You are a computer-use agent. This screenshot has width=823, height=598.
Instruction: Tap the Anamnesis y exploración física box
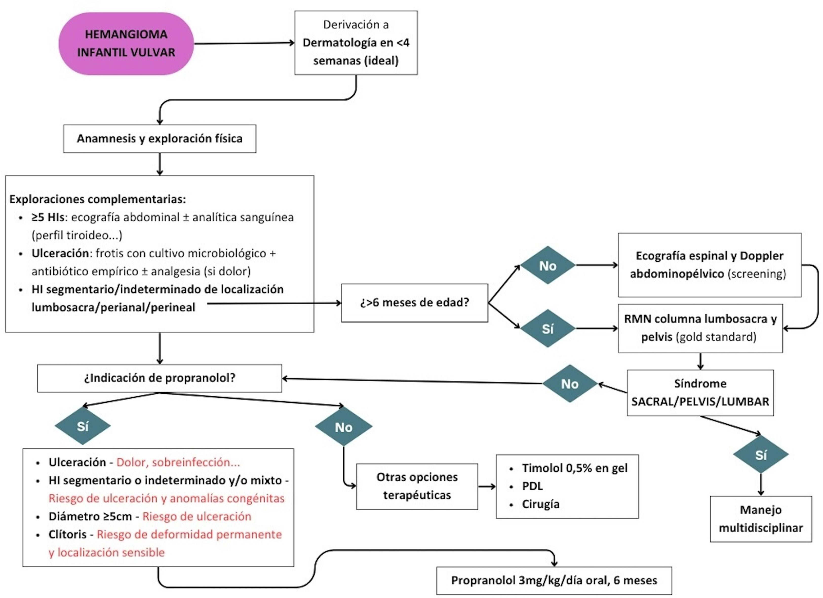click(160, 139)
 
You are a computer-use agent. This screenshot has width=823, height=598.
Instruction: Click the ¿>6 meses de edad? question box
click(414, 303)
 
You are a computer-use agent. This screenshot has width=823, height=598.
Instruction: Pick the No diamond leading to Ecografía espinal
click(547, 265)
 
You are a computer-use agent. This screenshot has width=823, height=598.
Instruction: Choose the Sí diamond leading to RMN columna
click(547, 329)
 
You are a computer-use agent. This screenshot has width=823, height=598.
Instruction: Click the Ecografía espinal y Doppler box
click(709, 265)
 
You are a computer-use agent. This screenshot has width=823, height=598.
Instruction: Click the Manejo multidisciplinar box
click(761, 519)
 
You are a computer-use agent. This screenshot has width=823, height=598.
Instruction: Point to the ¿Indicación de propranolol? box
click(160, 378)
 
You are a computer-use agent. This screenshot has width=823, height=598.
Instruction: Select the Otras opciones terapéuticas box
click(417, 486)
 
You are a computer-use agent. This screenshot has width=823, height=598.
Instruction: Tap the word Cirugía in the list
click(540, 504)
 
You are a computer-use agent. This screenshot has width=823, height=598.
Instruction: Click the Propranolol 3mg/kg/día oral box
click(554, 581)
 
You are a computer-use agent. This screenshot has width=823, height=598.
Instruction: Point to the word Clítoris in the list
click(68, 534)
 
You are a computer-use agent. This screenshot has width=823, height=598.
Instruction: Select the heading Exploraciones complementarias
click(97, 199)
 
